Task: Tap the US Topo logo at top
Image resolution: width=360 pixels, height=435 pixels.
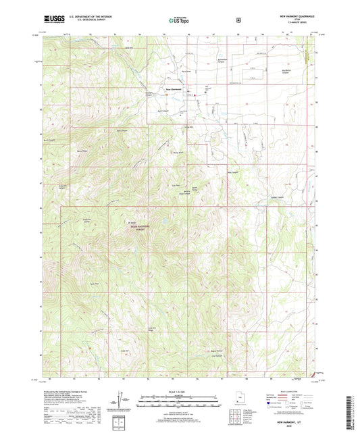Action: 178,20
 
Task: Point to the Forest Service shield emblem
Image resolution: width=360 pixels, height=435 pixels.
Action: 238,20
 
